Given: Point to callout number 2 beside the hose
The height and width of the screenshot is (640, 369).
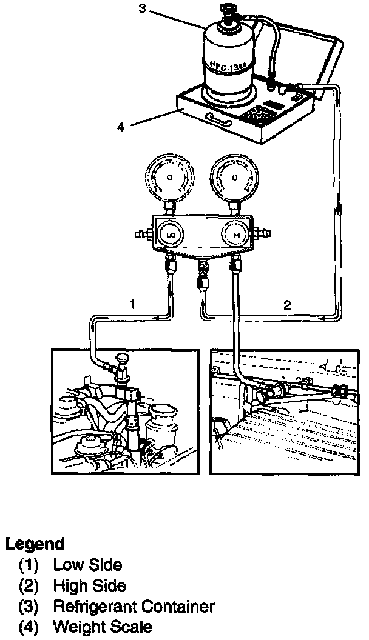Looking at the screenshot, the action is coord(288,305).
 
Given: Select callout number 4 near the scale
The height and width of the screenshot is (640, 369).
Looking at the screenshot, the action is coord(121,127).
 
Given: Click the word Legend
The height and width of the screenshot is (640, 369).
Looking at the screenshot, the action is coord(35,544).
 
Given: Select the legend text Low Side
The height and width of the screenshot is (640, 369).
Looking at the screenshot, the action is coord(87,565).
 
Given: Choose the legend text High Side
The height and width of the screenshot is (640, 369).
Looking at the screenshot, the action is coord(89,585).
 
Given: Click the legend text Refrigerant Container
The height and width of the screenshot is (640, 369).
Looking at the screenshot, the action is coord(134,606).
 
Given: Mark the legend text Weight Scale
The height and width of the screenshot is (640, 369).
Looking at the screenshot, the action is coord(102,627).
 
